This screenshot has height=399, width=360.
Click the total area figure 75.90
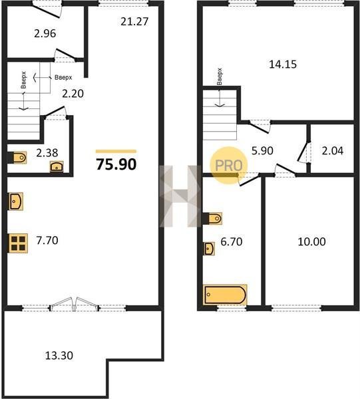click(x=116, y=164)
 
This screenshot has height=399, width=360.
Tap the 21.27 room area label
click(x=134, y=22)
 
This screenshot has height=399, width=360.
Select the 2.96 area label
click(x=45, y=33)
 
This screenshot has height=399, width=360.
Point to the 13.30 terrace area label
click(x=59, y=355)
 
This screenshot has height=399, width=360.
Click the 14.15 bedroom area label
click(x=283, y=64)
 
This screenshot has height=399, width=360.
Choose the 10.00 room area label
click(x=311, y=241)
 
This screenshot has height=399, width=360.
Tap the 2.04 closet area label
click(x=333, y=151)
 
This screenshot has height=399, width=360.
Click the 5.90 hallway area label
click(x=262, y=151)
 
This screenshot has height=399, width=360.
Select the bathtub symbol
click(x=225, y=295)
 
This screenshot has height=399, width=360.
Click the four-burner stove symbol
click(x=18, y=243)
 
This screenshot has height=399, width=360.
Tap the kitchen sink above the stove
click(x=16, y=201)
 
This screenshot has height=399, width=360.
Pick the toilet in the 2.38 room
click(x=19, y=158)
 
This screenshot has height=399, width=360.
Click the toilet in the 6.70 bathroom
click(x=215, y=218)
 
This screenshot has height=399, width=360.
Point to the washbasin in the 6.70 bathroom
click(x=209, y=248)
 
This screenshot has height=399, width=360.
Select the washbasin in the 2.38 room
click(x=57, y=166)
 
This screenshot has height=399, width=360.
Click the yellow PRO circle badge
click(x=229, y=166)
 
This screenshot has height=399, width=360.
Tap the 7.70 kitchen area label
click(x=47, y=240)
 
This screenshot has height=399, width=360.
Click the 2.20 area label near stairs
click(x=73, y=94)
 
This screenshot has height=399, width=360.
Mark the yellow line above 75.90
click(x=116, y=152)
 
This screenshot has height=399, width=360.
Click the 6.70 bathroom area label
click(x=232, y=241)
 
